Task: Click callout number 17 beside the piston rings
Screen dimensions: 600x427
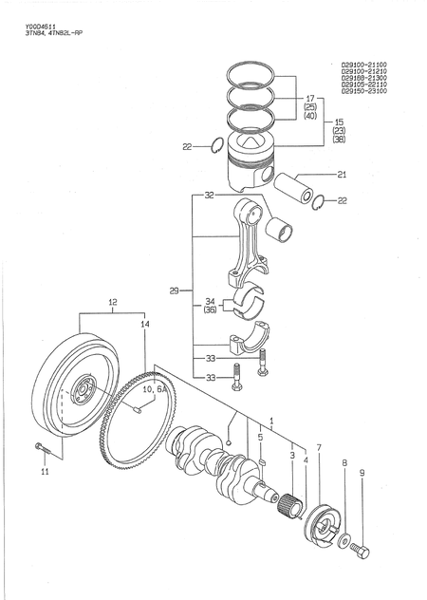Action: (x=310, y=99)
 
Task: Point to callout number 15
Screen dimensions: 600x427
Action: (x=339, y=122)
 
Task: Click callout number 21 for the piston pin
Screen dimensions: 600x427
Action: (x=342, y=174)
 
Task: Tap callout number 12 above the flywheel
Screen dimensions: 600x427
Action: (x=113, y=304)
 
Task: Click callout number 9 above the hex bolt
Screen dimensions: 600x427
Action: (x=362, y=472)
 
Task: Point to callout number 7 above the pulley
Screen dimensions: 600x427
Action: (x=319, y=447)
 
